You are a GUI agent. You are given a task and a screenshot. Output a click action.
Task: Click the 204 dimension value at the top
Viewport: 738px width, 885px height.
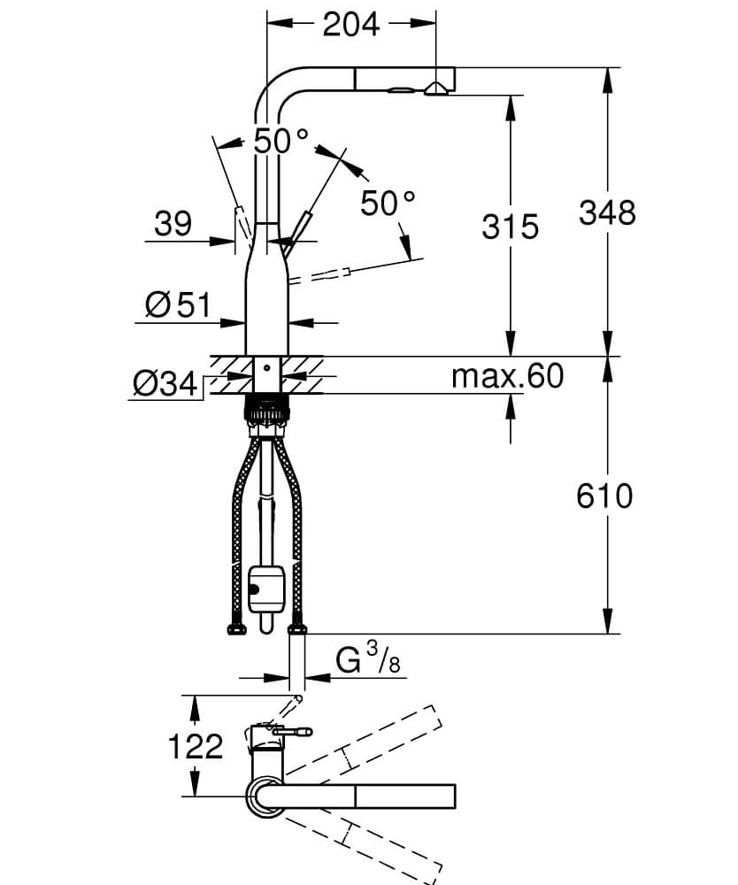pos(350,24)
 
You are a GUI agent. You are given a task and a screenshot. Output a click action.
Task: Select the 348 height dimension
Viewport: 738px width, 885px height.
pos(607,212)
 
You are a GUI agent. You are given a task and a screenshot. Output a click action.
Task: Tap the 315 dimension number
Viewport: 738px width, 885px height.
pos(511,227)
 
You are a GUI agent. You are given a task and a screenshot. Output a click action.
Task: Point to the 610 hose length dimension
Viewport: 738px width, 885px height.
pos(604,496)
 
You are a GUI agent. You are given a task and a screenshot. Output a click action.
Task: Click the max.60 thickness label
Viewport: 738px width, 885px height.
pos(507,376)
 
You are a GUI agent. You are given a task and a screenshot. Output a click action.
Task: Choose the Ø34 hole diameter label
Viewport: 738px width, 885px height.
pos(164,383)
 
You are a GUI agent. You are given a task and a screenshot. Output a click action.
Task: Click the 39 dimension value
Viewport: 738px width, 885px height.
pos(173,224)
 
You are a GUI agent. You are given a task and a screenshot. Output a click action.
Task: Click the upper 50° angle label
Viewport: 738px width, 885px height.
pos(281,140)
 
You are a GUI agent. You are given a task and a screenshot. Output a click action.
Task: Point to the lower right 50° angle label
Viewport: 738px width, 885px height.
pos(388,204)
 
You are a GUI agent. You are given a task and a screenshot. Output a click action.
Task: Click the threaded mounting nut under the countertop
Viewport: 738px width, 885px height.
pos(266,409)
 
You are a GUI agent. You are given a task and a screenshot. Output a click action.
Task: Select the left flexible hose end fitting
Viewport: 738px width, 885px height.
pos(235,629)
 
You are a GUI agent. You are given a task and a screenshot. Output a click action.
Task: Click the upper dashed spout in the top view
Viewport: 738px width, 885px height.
pos(372,743)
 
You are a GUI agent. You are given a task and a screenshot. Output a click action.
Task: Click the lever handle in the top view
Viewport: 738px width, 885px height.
pos(292,732)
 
